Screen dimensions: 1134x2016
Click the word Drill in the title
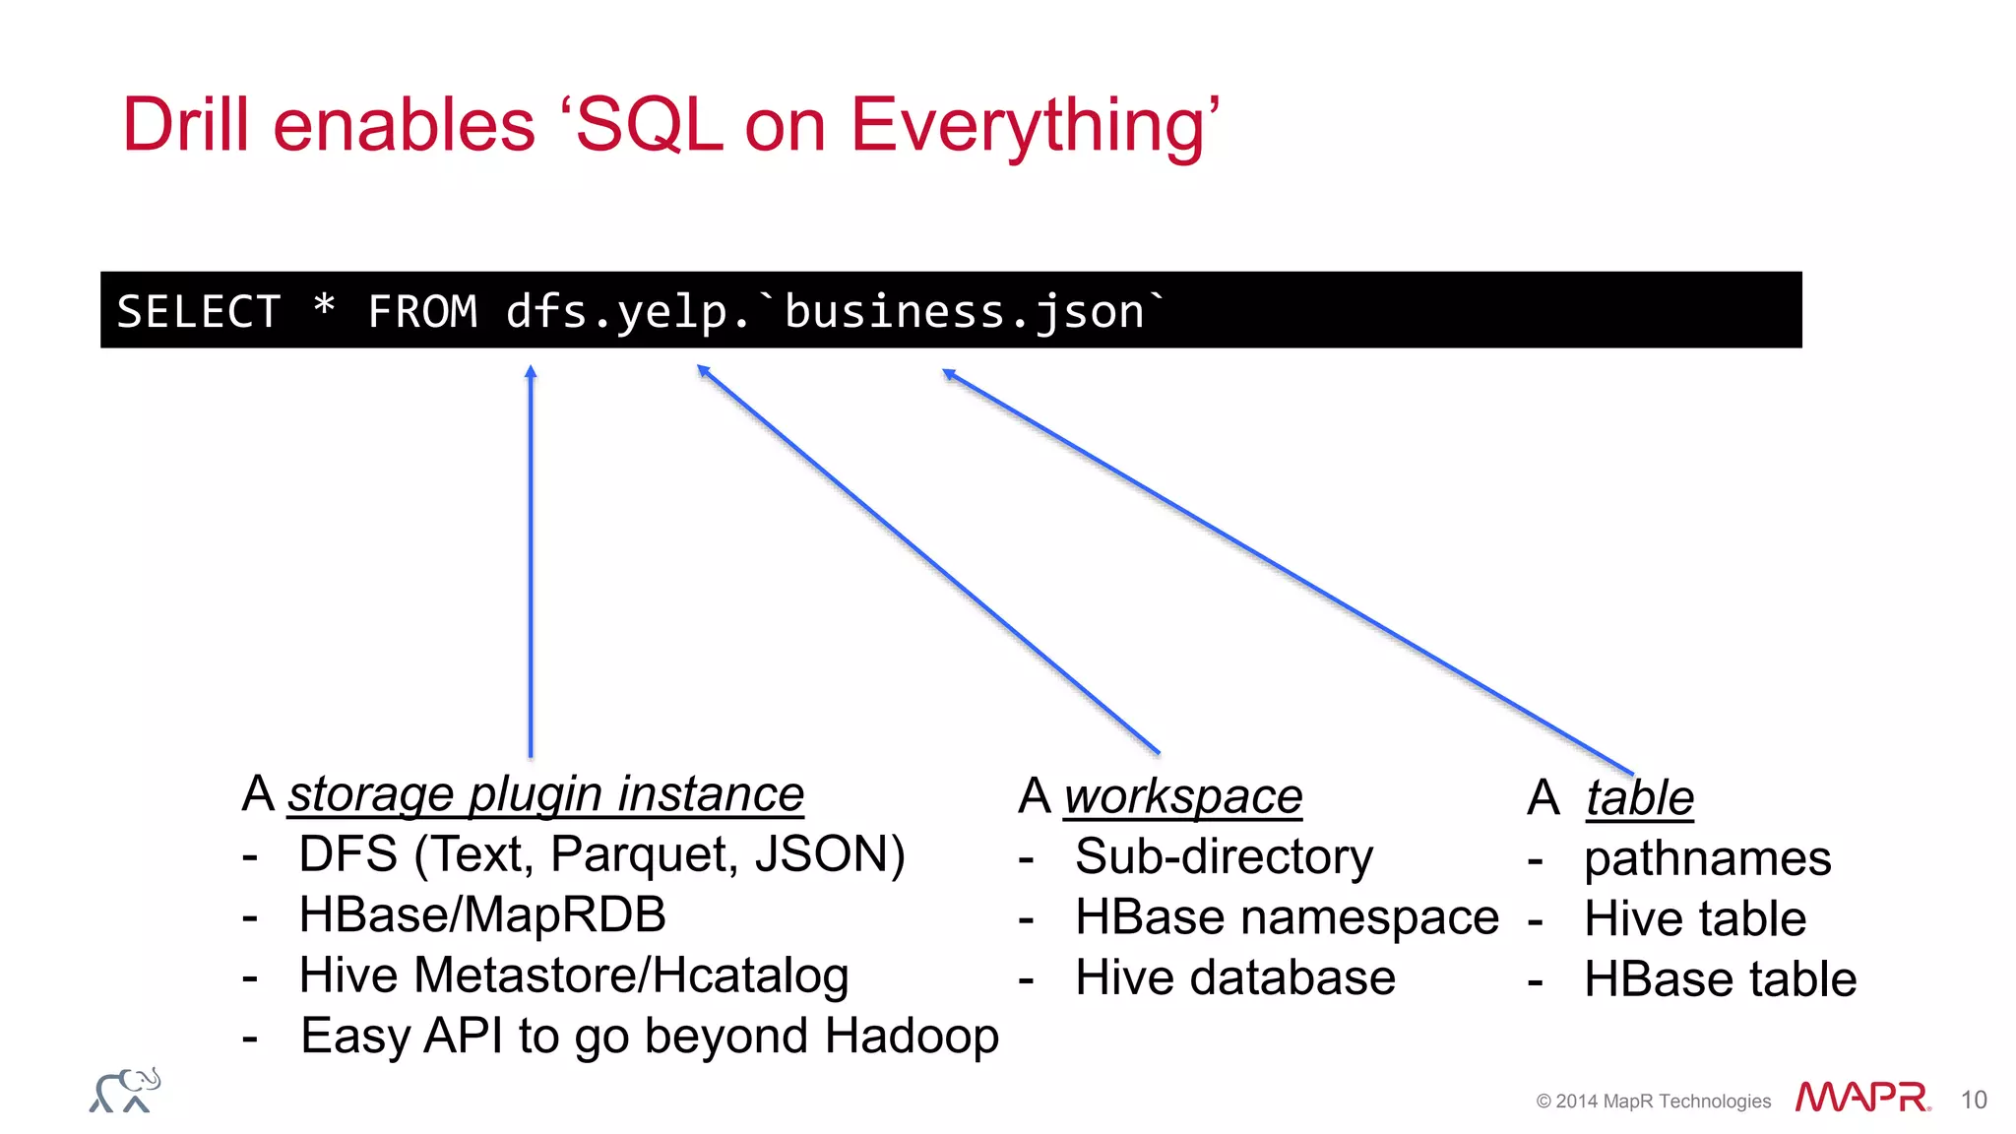(x=185, y=125)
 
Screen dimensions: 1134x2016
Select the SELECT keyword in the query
(x=199, y=312)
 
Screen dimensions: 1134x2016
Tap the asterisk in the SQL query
(x=324, y=307)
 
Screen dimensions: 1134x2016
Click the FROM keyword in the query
(x=422, y=312)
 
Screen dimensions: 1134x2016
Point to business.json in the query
(x=965, y=312)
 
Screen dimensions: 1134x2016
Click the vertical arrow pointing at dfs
(x=531, y=561)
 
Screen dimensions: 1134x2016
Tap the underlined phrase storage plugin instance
(x=545, y=794)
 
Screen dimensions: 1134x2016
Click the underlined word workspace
(x=1183, y=796)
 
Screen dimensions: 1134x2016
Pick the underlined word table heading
(x=1639, y=798)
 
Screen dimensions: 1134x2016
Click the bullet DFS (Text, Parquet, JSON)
(x=600, y=854)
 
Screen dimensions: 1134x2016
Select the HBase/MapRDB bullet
(x=481, y=915)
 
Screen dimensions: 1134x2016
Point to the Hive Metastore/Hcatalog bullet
(x=573, y=976)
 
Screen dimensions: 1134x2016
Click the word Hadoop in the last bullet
(x=912, y=1037)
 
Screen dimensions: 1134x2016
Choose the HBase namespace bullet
(x=1286, y=917)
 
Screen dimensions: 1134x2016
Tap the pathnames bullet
(x=1707, y=858)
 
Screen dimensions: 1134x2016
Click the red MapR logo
(x=1861, y=1097)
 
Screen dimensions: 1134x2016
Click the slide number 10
(x=1973, y=1100)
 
